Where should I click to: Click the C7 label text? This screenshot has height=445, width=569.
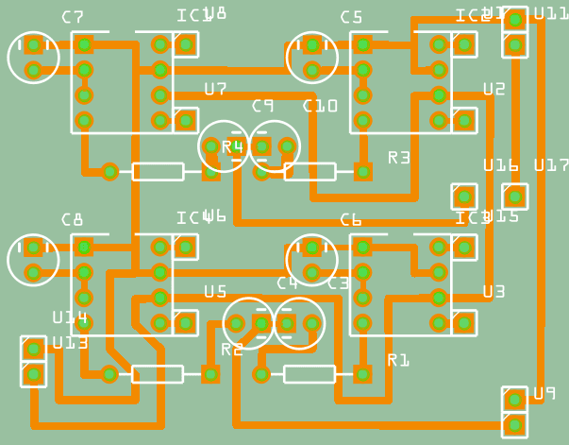point(73,17)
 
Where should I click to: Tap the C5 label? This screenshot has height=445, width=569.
point(351,17)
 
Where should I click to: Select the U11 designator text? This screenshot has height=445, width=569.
point(551,14)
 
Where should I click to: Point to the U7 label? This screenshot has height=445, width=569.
point(215,89)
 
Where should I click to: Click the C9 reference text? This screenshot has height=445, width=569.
point(262,107)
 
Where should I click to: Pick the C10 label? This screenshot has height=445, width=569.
point(320,107)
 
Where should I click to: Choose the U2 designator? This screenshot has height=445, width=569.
point(494,89)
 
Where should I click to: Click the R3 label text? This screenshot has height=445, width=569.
point(399,158)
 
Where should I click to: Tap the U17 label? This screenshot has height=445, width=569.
point(551,165)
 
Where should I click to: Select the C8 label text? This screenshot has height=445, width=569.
point(73,220)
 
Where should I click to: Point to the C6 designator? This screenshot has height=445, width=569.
point(351,220)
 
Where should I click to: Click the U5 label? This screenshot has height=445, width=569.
point(215,292)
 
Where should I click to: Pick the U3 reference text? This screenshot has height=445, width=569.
point(494,292)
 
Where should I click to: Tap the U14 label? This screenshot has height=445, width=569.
point(70,317)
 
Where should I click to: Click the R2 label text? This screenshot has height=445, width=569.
point(232,350)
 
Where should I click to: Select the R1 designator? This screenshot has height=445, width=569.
point(399,360)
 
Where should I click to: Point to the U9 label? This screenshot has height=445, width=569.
point(544,393)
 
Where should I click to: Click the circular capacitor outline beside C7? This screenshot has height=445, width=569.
point(33,57)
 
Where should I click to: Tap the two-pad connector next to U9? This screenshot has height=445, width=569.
point(514,412)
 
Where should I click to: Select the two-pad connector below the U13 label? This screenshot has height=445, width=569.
point(33,362)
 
